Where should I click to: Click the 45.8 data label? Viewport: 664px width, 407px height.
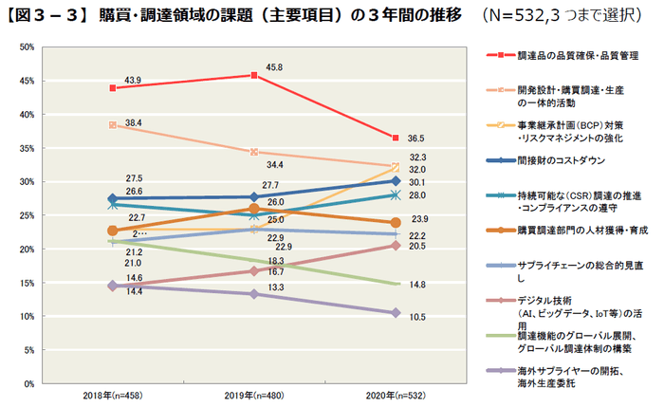point(274,67)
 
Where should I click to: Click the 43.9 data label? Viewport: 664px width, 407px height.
point(133,79)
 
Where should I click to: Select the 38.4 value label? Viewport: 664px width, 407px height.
point(133,123)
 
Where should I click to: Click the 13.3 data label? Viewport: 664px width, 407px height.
point(276,287)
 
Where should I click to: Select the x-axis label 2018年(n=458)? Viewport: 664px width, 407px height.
point(112,393)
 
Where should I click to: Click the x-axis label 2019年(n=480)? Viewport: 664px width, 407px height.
point(253,393)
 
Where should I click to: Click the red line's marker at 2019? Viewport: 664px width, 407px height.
point(253,75)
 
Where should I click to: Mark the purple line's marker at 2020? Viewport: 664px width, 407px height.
point(395,312)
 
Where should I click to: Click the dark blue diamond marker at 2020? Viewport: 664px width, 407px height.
point(395,180)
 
